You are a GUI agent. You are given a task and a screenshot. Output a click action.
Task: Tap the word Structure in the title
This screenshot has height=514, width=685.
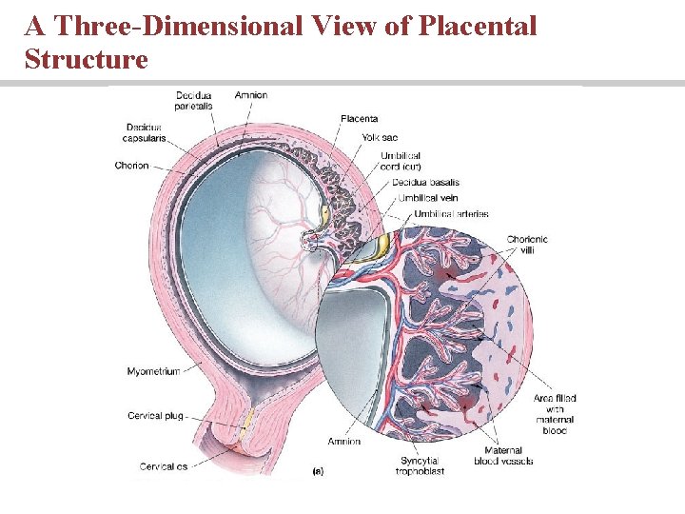(87, 59)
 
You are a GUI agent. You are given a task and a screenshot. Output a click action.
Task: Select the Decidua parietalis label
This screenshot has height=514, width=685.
(194, 101)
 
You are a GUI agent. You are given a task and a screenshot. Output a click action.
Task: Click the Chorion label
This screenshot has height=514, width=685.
(131, 166)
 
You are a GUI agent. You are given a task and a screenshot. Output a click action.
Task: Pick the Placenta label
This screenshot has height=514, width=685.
(359, 119)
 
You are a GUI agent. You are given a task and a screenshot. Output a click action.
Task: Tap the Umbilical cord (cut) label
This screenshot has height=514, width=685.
(400, 161)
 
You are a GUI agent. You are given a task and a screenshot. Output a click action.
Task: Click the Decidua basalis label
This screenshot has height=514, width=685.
(425, 182)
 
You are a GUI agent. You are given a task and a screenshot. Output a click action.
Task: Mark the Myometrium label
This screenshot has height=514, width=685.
(153, 371)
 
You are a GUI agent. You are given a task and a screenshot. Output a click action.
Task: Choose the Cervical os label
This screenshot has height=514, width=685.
(157, 466)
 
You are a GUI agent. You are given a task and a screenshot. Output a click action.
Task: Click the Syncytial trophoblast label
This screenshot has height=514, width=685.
(420, 466)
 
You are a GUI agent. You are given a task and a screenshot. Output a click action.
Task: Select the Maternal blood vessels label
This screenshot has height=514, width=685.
(503, 456)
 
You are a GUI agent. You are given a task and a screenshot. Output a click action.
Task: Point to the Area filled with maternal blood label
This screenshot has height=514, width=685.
(554, 414)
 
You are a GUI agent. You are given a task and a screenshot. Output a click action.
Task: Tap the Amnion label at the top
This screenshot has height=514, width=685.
(251, 95)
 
